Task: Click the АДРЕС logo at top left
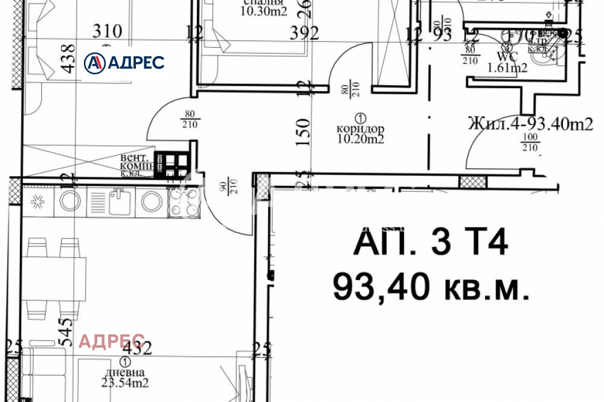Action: (124, 62)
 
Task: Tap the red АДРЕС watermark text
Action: (112, 341)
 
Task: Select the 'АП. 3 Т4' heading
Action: (431, 246)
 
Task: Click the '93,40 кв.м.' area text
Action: (431, 286)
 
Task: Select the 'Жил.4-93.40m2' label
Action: (530, 124)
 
